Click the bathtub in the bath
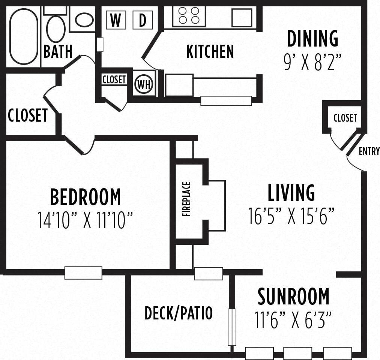pos(24,36)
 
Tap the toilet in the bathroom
pos(56,28)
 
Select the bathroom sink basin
pos(84,20)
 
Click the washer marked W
pos(116,20)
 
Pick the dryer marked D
pos(143,20)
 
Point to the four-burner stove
pos(189,16)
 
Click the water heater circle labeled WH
pos(144,84)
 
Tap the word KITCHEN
pos(210,52)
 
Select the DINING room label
pos(312,39)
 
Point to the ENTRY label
pos(369,151)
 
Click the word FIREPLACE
pos(187,199)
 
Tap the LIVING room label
pos(291,193)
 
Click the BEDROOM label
pos(86,197)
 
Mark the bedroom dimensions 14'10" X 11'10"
pos(86,220)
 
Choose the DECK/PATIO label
pos(179,313)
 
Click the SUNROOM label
pos(293,297)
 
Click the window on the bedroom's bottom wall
pos(83,273)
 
